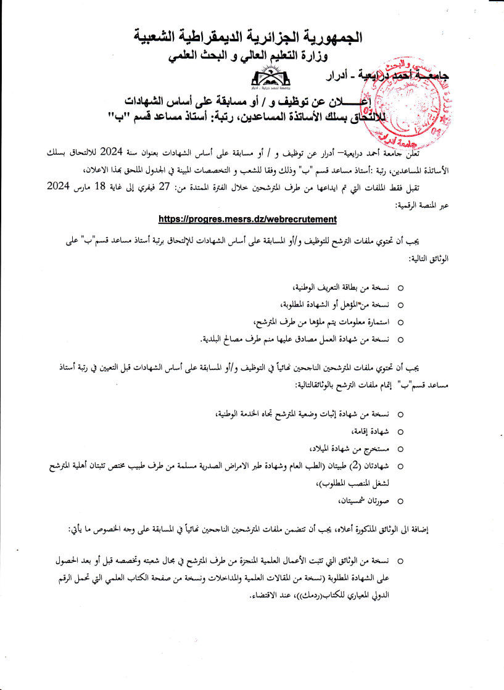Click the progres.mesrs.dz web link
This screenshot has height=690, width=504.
pos(247,218)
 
